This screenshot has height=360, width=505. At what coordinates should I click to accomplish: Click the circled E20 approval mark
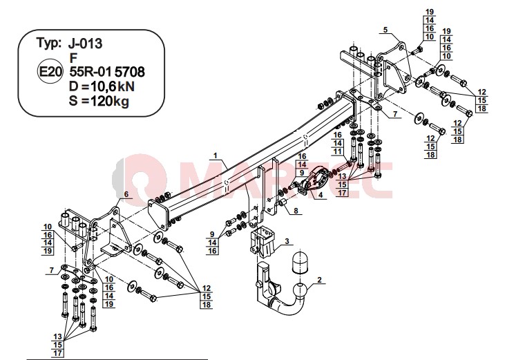pyautogui.click(x=50, y=71)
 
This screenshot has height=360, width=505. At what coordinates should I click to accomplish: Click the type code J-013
pyautogui.click(x=86, y=43)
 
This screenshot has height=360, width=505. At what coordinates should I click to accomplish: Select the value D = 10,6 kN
pyautogui.click(x=102, y=86)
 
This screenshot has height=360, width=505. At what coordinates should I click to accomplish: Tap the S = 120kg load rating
pyautogui.click(x=99, y=101)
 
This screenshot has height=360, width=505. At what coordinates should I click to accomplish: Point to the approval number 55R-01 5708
pyautogui.click(x=107, y=72)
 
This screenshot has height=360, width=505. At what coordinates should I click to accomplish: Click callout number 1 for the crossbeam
pyautogui.click(x=216, y=155)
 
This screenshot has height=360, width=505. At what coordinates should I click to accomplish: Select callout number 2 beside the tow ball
pyautogui.click(x=319, y=280)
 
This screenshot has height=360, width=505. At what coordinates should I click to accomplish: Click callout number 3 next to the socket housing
pyautogui.click(x=287, y=241)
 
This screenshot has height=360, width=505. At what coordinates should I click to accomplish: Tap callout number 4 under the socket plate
pyautogui.click(x=320, y=195)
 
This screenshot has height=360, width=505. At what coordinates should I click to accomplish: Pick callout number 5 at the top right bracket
pyautogui.click(x=385, y=30)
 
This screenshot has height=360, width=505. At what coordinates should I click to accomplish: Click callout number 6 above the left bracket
pyautogui.click(x=126, y=194)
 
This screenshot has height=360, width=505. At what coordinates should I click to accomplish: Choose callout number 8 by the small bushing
pyautogui.click(x=296, y=211)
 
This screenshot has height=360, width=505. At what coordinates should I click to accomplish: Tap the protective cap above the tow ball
pyautogui.click(x=300, y=263)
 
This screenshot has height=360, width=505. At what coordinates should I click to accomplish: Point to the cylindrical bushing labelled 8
pyautogui.click(x=283, y=204)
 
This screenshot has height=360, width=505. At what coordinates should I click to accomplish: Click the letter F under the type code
pyautogui.click(x=73, y=58)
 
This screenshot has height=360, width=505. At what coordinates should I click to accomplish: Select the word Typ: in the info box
pyautogui.click(x=48, y=43)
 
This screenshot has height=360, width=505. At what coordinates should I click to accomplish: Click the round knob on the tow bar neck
pyautogui.click(x=258, y=285)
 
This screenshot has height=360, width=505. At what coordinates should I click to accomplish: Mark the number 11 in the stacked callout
pyautogui.click(x=337, y=151)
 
